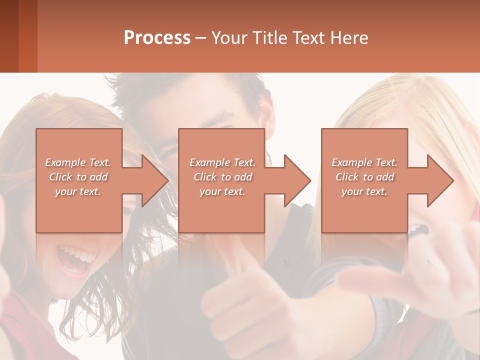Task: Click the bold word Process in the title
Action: coord(157,38)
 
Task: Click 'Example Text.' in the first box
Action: coord(78,162)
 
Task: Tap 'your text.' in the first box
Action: coord(78,191)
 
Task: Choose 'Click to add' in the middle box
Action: coord(222,177)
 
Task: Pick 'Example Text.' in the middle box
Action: coord(222,162)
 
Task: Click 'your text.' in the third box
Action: coord(364,191)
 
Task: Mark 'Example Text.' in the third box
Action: coord(364,162)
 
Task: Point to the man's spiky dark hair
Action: coord(190,92)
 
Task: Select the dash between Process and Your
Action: coord(201,38)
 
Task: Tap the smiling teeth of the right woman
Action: coord(416,229)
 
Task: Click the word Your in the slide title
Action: coord(229,38)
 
